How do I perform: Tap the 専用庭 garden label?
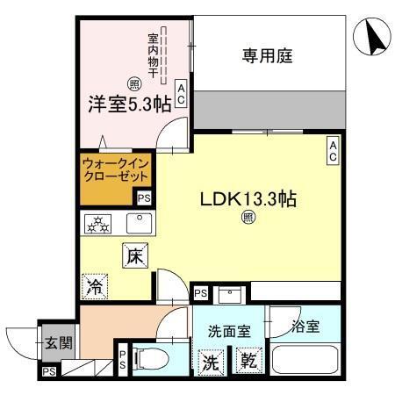pos(267,57)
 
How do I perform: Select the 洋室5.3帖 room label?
pos(128,103)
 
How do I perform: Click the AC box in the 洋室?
pos(181,94)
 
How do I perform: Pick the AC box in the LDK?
pos(334,151)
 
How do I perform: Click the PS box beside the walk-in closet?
pos(143,198)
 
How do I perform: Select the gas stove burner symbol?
pos(96,225)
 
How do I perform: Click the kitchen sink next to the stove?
pos(139,224)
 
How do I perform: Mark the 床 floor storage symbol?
pos(133,256)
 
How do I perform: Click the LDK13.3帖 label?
pos(247,197)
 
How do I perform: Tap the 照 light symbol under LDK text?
pos(248,217)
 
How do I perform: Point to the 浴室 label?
pos(306,325)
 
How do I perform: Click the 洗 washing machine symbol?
pos(212,360)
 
